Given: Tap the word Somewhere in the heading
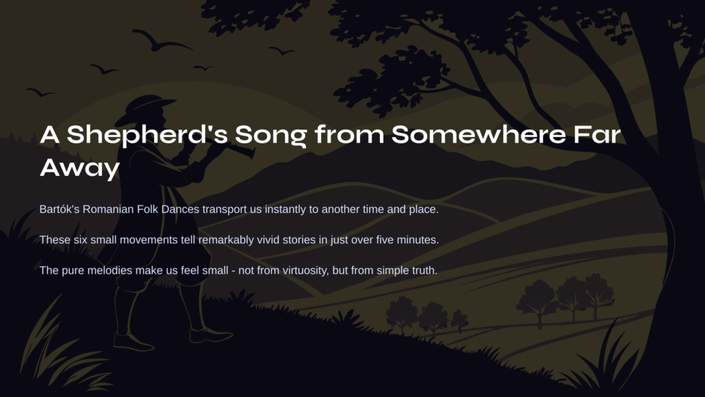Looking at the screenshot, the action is click(478, 134).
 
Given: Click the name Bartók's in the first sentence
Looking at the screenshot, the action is click(59, 210).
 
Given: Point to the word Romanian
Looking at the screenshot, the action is click(108, 210).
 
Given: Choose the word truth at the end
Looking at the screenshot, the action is click(423, 270).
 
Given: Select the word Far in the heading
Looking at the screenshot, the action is click(597, 134).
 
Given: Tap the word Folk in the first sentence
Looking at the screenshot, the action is click(147, 210).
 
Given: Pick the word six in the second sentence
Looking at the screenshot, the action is click(81, 240).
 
